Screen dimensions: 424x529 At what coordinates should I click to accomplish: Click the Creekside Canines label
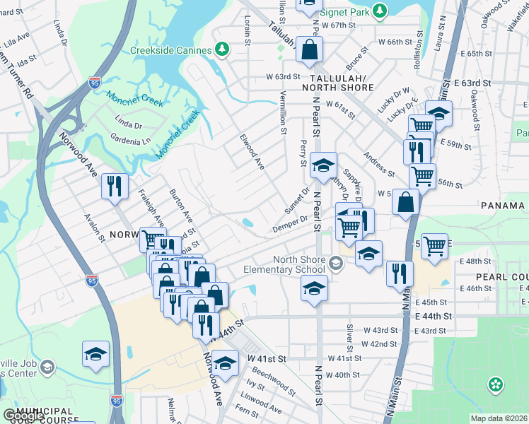click(170, 50)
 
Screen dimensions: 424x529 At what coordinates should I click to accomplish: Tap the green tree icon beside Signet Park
click(380, 11)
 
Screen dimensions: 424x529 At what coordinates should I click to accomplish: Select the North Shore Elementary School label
click(284, 264)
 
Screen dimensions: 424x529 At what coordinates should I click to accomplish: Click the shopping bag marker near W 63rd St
click(310, 49)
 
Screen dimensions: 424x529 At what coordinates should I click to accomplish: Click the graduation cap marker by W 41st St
click(226, 363)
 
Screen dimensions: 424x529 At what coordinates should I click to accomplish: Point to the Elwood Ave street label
click(252, 152)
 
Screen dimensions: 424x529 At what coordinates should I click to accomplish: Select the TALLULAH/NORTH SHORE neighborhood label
click(337, 82)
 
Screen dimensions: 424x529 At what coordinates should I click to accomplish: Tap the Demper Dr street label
click(290, 224)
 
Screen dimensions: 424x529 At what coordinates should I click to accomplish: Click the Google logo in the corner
click(24, 416)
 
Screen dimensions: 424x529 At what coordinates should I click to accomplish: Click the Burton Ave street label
click(182, 205)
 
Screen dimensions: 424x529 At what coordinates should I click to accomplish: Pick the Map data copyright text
click(499, 418)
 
